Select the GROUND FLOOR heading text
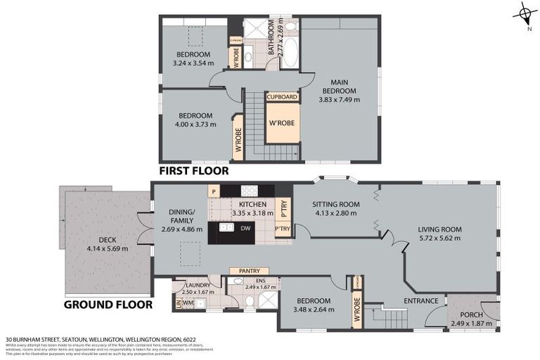[108, 305]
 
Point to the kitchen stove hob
[250, 190]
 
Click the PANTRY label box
[250, 271]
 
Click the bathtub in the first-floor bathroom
[290, 53]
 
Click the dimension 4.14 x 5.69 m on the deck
[108, 248]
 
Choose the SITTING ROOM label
[336, 205]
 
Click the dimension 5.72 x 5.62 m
[439, 238]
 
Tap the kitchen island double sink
[227, 228]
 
